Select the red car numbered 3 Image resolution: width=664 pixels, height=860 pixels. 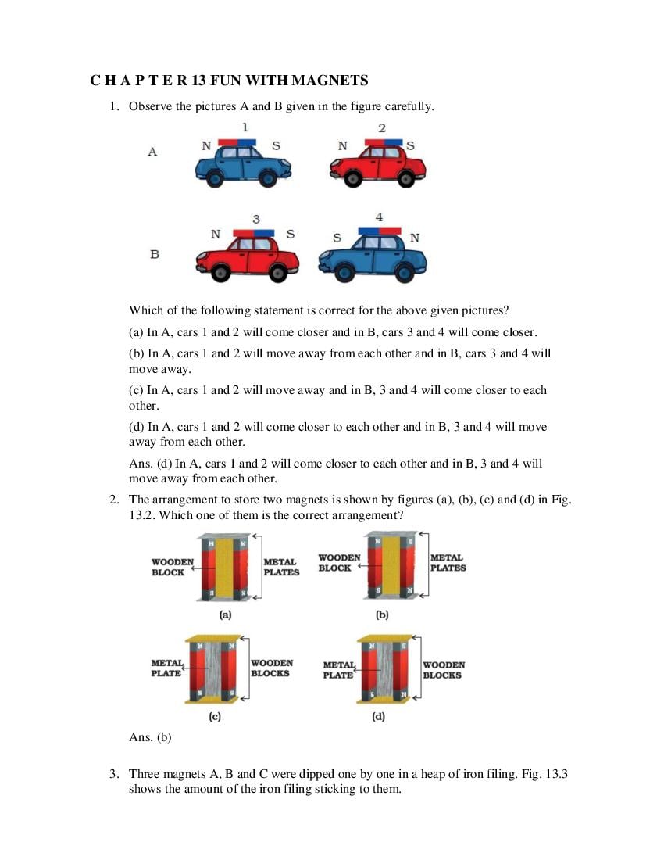(x=247, y=257)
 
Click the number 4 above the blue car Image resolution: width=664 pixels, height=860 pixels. (x=379, y=217)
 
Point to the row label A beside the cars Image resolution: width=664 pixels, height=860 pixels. (x=152, y=152)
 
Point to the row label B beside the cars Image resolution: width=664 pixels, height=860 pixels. (x=154, y=254)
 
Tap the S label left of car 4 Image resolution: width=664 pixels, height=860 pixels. (x=337, y=238)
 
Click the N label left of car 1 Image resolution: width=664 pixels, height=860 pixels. (x=206, y=145)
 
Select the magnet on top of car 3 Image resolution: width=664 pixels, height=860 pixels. (x=254, y=233)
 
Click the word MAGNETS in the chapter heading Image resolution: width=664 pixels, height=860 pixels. (x=329, y=81)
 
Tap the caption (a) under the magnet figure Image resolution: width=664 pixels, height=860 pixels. (x=225, y=615)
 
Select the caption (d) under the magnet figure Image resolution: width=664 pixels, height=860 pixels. (x=378, y=716)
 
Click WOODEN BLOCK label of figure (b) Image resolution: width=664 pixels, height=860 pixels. (x=339, y=563)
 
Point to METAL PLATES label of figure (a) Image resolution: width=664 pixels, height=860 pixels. (x=281, y=567)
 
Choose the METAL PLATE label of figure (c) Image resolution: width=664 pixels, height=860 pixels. (x=167, y=668)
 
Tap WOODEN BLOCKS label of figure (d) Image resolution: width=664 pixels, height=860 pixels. (x=443, y=670)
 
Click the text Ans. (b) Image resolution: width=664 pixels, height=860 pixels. (x=150, y=736)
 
